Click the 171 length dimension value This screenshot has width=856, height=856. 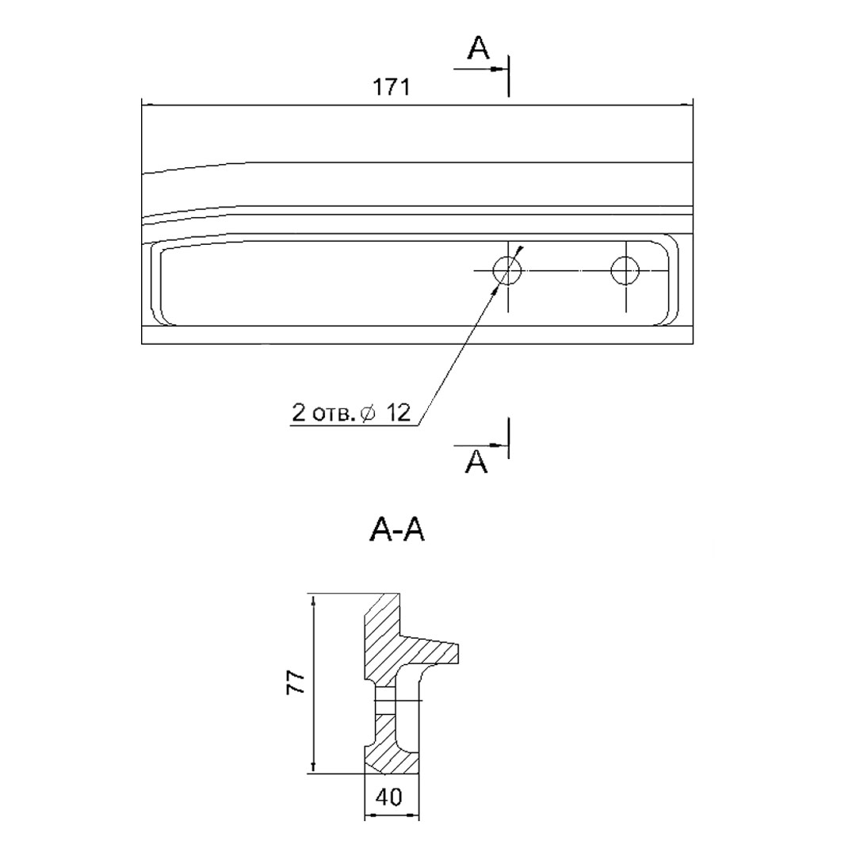point(391,87)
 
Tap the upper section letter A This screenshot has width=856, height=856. point(478,48)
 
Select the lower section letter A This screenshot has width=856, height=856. point(476,462)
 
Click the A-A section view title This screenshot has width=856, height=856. point(397,529)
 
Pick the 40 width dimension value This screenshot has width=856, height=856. point(389,797)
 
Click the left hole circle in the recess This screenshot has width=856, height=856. point(507,270)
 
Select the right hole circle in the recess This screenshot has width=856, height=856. point(625,270)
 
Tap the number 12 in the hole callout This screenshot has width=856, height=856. point(398,413)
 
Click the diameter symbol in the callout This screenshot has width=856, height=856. point(369,414)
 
